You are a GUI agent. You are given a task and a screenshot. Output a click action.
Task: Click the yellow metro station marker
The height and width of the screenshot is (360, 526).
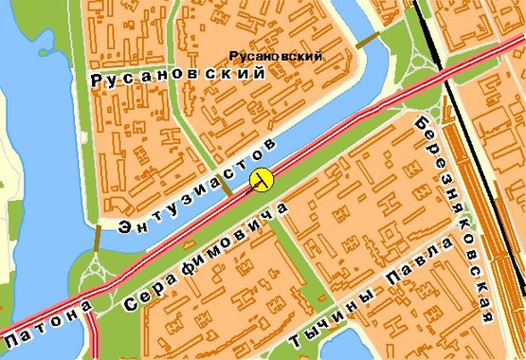click(x=262, y=179)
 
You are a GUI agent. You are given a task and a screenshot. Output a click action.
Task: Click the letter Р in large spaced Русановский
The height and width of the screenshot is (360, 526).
click(x=98, y=82)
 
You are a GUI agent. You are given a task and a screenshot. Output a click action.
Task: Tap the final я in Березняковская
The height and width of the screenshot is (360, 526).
click(x=488, y=315)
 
